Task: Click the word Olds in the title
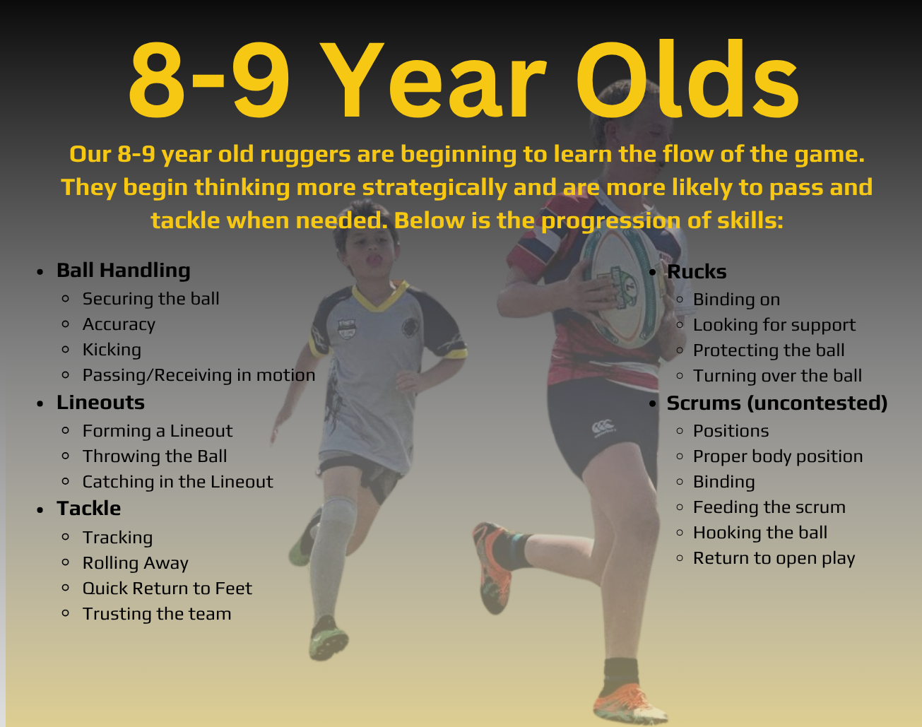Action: click(x=687, y=78)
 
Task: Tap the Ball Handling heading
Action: click(x=124, y=271)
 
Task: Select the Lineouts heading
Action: click(x=101, y=403)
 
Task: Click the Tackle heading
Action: click(x=89, y=509)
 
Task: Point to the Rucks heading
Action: click(x=697, y=271)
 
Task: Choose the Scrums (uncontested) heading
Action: click(x=777, y=403)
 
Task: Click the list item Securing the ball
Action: click(x=150, y=299)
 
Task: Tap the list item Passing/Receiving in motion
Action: click(x=199, y=375)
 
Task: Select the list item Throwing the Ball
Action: click(x=155, y=456)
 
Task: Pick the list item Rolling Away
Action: click(x=136, y=563)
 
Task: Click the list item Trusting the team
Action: click(x=157, y=614)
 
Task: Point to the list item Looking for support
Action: click(x=774, y=325)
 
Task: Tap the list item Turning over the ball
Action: click(x=777, y=376)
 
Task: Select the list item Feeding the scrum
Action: click(x=769, y=507)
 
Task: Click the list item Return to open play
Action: click(x=774, y=558)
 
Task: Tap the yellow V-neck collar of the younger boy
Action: click(x=379, y=296)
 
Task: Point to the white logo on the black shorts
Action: click(x=603, y=427)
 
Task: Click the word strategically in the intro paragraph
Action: click(x=435, y=188)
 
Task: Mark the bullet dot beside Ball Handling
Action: click(x=40, y=272)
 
